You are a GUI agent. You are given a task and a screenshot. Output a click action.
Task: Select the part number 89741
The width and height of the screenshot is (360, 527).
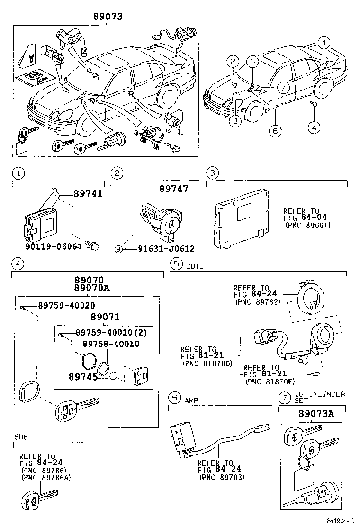pos(88,194)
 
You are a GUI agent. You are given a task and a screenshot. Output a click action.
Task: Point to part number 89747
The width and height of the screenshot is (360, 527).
pos(173,189)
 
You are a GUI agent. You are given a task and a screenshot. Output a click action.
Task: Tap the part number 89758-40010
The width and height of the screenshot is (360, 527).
pos(111,344)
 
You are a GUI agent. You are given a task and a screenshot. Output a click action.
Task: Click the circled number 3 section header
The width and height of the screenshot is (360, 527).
pos(214,173)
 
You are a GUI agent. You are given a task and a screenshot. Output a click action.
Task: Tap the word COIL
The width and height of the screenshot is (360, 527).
pos(194,266)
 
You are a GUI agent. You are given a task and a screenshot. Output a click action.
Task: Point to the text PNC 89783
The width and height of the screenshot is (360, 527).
pos(222,477)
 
